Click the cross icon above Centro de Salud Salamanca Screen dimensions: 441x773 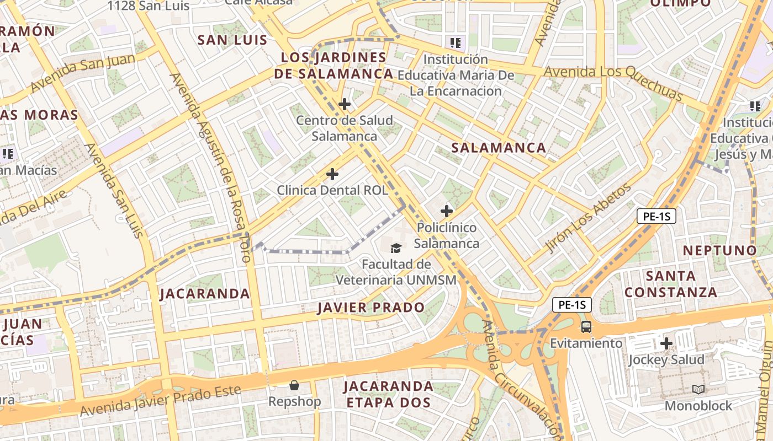(345, 104)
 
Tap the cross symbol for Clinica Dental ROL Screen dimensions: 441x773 (332, 174)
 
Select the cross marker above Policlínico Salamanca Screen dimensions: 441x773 (447, 211)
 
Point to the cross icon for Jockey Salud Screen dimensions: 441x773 (666, 343)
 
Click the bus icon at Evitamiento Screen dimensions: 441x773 (586, 326)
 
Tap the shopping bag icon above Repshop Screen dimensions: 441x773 (294, 385)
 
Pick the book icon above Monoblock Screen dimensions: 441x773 (698, 389)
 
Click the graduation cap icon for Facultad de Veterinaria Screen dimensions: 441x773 (396, 248)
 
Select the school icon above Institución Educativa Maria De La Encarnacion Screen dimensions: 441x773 (456, 42)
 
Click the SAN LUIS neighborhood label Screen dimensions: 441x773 (232, 40)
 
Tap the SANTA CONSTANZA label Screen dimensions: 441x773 (671, 284)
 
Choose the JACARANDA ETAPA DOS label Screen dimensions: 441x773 (388, 394)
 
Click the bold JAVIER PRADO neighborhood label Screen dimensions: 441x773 (371, 308)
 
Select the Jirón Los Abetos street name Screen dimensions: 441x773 (589, 218)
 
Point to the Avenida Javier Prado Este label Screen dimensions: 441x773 (161, 401)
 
